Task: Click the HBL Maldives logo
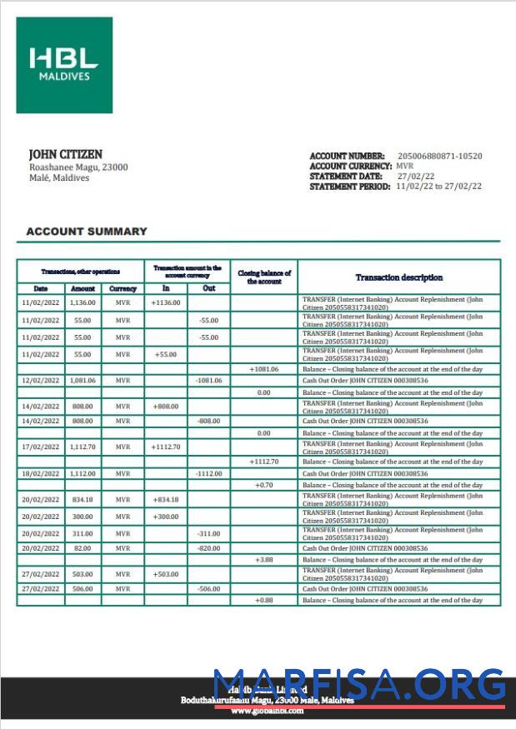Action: tap(64, 65)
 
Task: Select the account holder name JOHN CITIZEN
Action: tap(66, 154)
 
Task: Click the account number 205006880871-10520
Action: tap(439, 156)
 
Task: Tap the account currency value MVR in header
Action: tap(405, 166)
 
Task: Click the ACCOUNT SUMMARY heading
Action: tap(87, 232)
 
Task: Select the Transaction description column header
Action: tap(398, 277)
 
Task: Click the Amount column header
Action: tap(83, 288)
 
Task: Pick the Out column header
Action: tap(208, 288)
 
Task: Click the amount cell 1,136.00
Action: tap(83, 302)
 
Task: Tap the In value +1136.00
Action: tap(165, 302)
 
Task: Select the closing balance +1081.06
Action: tap(263, 368)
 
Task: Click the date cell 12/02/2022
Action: tap(40, 380)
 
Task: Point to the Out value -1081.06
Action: tap(208, 380)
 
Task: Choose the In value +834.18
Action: tap(165, 499)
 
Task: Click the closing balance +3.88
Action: tap(263, 560)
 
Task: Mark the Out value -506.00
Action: tap(208, 588)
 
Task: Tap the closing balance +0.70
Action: tap(263, 485)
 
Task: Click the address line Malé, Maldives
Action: tap(59, 177)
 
